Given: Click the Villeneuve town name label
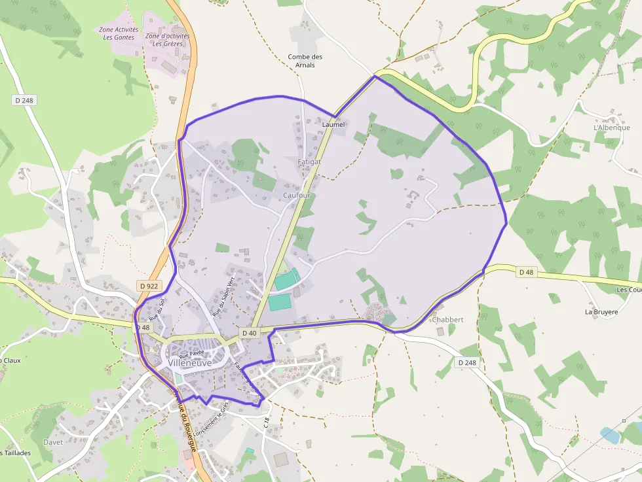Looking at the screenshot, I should click(x=189, y=362).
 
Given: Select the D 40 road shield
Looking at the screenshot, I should click(x=249, y=333).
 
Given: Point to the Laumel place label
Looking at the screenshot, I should click(x=333, y=124).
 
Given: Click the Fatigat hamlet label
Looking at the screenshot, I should click(x=309, y=161).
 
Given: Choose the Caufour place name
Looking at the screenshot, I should click(x=297, y=196).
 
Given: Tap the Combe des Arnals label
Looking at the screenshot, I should click(x=305, y=61).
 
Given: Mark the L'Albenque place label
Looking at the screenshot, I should click(x=611, y=128).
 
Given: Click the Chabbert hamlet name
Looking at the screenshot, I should click(x=447, y=320).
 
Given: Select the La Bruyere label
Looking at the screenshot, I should click(x=601, y=312).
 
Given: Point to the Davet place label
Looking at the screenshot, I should click(x=53, y=442).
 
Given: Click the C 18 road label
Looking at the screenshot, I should click(x=267, y=422).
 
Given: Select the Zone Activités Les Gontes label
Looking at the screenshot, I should click(x=119, y=33).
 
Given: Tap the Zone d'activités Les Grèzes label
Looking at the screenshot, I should click(x=167, y=40).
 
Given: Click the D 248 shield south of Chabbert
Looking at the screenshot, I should click(x=467, y=362).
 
